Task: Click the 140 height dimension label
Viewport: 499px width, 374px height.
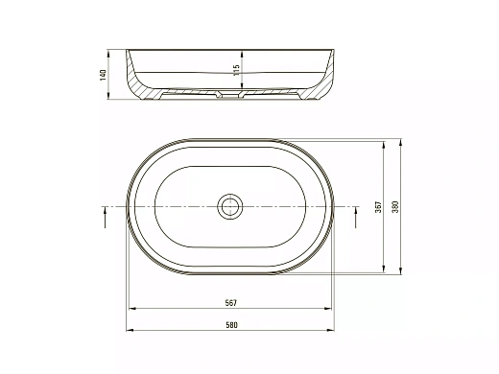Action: click(x=103, y=75)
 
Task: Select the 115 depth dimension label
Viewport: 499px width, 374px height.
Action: click(x=236, y=70)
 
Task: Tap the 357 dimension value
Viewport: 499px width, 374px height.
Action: click(x=378, y=207)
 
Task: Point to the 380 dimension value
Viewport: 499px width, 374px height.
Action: click(x=395, y=207)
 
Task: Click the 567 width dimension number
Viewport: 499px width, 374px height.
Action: click(x=231, y=303)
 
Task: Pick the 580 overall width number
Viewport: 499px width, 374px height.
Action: click(x=231, y=325)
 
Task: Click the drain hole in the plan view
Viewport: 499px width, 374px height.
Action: click(x=230, y=206)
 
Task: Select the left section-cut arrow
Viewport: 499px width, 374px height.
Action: click(x=106, y=217)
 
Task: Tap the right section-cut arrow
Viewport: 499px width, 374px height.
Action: click(x=356, y=217)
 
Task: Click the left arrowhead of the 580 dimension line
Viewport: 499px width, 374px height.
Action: click(x=130, y=330)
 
